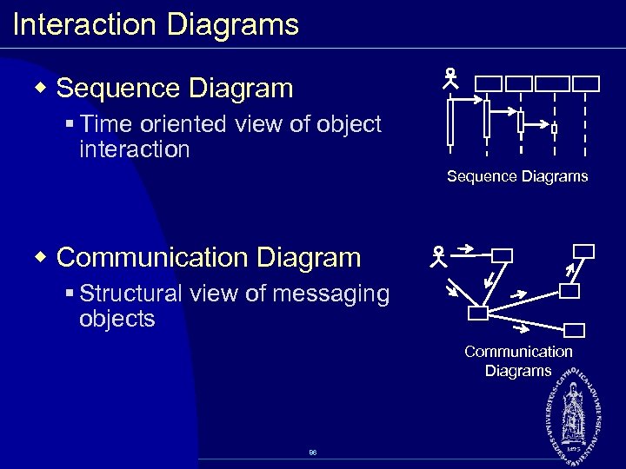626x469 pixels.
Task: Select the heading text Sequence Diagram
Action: pos(175,88)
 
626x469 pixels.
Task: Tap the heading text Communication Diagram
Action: pos(208,258)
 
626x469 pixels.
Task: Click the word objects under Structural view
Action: pos(117,319)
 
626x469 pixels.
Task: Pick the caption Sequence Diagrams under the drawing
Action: pos(517,176)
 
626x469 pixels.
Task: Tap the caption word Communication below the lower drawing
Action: pos(518,352)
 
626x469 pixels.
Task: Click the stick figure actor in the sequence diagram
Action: pos(450,81)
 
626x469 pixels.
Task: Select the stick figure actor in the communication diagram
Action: pos(437,255)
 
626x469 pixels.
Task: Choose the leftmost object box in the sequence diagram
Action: pos(489,83)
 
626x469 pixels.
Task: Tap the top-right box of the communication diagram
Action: pos(584,251)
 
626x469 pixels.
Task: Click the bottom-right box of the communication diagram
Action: pos(575,330)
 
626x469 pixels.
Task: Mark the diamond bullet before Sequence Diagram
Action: pos(40,89)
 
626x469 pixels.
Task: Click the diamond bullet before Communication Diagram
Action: pos(40,258)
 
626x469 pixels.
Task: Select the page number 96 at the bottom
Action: pos(312,453)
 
